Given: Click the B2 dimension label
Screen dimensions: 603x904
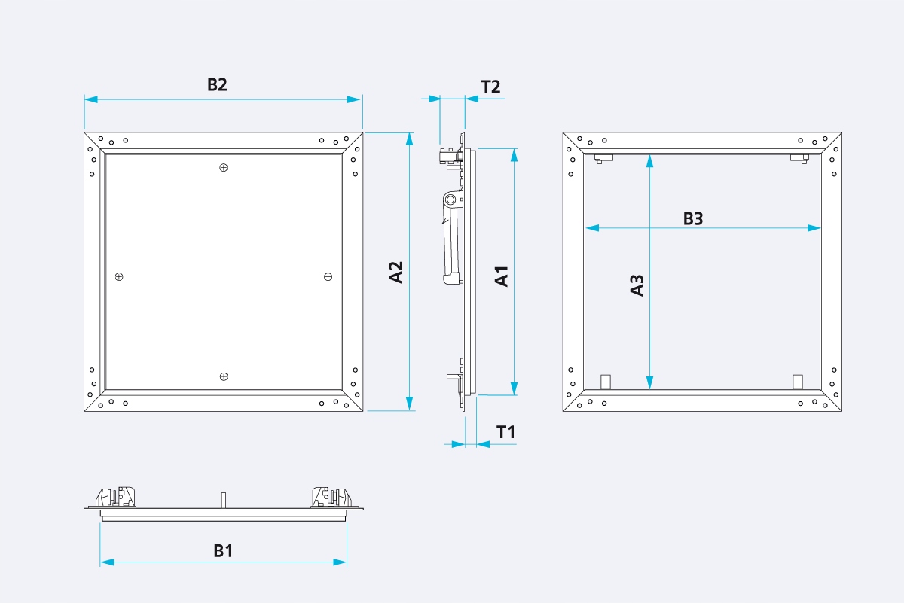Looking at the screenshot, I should (x=217, y=85).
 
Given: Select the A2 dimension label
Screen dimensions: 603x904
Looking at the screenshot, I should (x=396, y=272).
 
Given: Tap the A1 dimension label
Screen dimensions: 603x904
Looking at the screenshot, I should (x=502, y=276).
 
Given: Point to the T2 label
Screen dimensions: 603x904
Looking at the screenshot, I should (x=490, y=86).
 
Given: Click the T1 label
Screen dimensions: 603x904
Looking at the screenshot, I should (x=505, y=432).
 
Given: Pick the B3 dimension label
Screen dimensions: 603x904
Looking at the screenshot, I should (x=693, y=218).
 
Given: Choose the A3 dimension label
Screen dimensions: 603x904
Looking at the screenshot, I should (x=637, y=285).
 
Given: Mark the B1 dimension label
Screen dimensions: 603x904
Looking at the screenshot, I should (x=223, y=551).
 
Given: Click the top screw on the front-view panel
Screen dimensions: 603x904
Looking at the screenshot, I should (x=223, y=167).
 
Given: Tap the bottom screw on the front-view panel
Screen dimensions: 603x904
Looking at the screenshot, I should (x=223, y=376).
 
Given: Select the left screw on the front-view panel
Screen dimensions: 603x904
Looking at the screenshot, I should (x=119, y=277).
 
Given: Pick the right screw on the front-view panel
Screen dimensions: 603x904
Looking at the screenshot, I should (x=328, y=277).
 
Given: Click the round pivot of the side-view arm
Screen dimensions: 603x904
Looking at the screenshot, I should (x=450, y=199).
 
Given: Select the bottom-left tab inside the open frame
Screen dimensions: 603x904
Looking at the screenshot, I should (x=604, y=381).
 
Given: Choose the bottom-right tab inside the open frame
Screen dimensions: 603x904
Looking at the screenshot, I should (x=798, y=381).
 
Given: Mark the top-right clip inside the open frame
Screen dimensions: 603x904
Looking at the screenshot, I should (x=799, y=158).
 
